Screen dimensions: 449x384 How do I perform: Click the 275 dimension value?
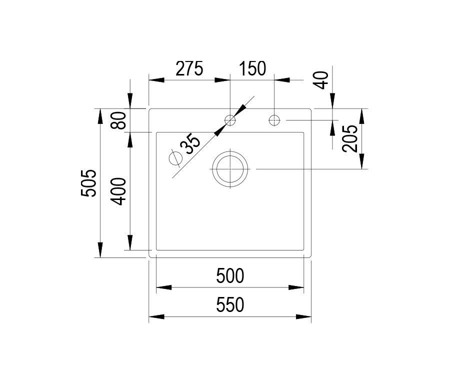(189, 68)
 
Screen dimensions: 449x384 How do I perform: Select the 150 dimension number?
(252, 68)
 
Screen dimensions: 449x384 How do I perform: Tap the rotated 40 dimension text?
(320, 80)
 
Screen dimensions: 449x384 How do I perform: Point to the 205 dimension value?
(350, 138)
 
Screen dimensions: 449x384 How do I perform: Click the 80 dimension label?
(118, 120)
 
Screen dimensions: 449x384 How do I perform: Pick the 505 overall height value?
(88, 183)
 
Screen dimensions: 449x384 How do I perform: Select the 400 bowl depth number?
(118, 191)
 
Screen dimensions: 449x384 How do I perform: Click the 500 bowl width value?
(230, 276)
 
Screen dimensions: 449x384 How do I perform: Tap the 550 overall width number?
(230, 304)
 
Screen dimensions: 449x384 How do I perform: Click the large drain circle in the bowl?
(230, 169)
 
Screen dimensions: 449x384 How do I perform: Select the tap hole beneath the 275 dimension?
(230, 120)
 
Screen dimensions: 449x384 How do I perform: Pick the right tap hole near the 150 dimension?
(274, 120)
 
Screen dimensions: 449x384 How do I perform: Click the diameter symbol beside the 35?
(175, 158)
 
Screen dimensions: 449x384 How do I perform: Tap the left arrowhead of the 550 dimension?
(156, 316)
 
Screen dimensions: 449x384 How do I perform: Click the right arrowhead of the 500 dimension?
(296, 287)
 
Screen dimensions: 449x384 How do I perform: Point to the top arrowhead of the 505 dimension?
(100, 116)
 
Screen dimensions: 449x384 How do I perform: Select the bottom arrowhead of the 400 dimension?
(130, 242)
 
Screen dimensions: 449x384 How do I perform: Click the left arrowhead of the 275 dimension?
(156, 80)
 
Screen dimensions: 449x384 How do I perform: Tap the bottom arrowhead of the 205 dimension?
(362, 161)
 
